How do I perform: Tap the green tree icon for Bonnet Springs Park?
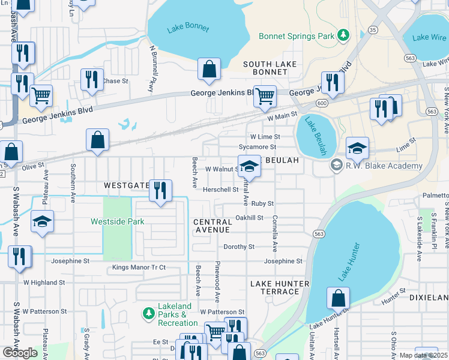343,36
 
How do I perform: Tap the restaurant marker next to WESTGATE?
160,192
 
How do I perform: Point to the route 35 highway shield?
373,29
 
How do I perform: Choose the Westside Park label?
118,221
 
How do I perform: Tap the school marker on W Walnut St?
250,167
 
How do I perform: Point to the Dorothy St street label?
239,247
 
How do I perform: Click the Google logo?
20,352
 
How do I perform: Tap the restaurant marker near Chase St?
92,80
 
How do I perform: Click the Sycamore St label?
257,146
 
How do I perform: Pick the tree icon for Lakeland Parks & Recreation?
148,314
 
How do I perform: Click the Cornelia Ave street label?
276,233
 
